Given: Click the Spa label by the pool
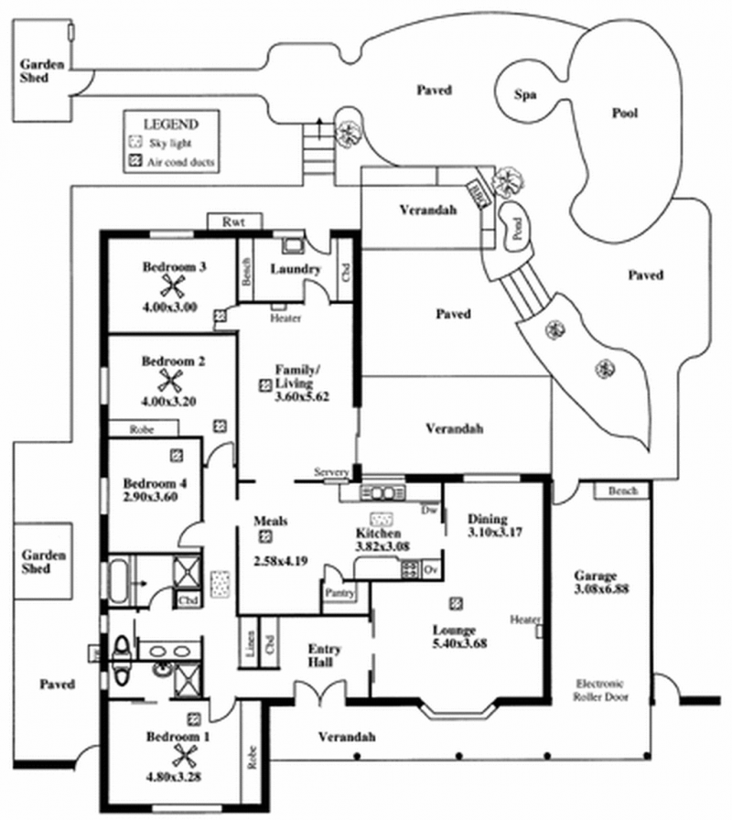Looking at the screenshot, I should [x=523, y=95].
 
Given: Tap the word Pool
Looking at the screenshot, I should [x=624, y=113].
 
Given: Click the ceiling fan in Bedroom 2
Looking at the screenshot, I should [x=168, y=380].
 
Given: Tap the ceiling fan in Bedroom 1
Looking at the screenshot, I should [x=188, y=756].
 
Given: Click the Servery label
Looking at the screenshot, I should [x=330, y=472].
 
